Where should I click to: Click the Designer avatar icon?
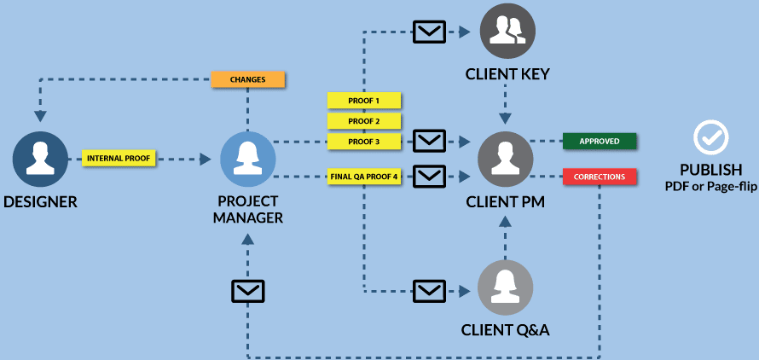pos(40,160)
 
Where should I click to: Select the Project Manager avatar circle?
pos(247,160)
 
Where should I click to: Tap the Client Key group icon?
pos(507,32)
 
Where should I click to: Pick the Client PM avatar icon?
pos(505,160)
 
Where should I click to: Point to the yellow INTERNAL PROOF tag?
pos(119,159)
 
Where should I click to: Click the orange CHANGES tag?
pos(247,79)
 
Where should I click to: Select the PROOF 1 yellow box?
pos(364,101)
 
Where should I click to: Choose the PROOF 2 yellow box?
pos(364,121)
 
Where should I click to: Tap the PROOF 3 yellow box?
pos(364,141)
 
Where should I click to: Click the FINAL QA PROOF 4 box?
pos(364,177)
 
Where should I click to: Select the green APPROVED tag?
pos(600,141)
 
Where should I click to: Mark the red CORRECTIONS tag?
pos(600,177)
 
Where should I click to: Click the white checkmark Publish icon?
pos(710,136)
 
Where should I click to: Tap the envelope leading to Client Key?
pos(430,32)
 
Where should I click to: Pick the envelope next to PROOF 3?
pos(430,141)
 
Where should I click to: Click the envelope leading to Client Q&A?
pos(430,289)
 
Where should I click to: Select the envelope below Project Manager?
pos(247,291)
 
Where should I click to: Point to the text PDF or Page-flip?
pos(710,185)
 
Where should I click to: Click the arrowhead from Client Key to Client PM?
pos(505,117)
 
